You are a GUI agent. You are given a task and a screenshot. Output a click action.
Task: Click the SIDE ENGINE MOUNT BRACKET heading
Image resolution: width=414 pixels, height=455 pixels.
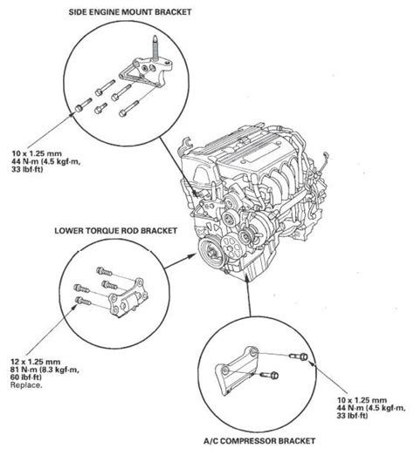tap(130, 12)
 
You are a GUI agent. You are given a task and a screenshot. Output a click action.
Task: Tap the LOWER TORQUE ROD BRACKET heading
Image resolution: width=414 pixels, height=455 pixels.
tap(116, 231)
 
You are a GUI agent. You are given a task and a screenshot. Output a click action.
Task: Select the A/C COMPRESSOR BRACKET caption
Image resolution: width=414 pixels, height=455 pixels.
tap(259, 441)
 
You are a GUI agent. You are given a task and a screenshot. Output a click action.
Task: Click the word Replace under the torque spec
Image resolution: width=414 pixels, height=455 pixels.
tap(26, 385)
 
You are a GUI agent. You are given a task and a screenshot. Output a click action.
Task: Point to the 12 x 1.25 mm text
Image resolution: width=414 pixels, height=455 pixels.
tap(36, 362)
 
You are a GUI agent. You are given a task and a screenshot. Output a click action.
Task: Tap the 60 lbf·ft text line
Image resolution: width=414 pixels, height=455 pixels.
tap(26, 377)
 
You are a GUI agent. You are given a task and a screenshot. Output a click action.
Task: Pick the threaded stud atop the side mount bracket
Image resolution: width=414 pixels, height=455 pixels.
tap(155, 47)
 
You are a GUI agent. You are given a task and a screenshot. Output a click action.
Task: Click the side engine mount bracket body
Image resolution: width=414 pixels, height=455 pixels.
tap(145, 73)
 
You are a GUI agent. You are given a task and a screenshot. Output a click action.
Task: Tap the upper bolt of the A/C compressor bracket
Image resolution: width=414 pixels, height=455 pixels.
tap(299, 356)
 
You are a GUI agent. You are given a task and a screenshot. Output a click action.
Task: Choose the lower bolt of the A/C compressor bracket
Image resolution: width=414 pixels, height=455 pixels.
tap(269, 375)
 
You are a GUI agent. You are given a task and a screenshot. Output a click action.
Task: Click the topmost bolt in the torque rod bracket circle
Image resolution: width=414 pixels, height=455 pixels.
tap(104, 272)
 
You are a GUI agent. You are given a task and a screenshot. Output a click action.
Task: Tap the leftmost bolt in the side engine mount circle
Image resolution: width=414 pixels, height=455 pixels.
tap(84, 105)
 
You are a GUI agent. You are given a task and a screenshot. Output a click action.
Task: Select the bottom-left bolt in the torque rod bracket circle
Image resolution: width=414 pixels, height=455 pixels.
tap(84, 301)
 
